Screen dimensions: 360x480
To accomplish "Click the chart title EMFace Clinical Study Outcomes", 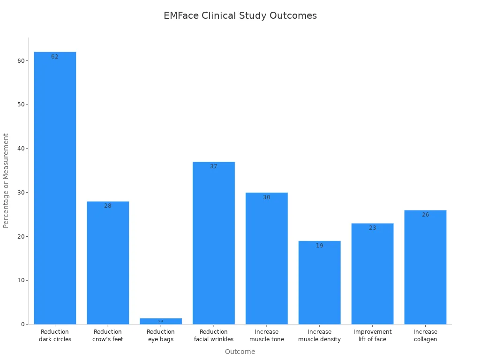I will [240, 15].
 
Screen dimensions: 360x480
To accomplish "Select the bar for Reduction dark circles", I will [55, 187].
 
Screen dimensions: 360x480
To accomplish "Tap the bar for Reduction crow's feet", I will [108, 262].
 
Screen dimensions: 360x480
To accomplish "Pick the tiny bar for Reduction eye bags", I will [161, 322].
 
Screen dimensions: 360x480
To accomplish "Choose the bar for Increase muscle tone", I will [267, 258].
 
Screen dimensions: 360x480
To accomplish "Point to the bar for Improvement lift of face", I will [373, 274].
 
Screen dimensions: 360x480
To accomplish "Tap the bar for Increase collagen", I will [425, 267].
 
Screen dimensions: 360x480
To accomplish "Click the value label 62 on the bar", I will [55, 57].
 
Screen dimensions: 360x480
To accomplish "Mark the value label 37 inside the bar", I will [214, 166].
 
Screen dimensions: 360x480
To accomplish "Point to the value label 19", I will [320, 246].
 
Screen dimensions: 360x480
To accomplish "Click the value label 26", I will [425, 215].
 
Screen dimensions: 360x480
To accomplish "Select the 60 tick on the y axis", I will [21, 60].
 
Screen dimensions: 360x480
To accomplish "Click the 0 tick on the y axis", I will [22, 324].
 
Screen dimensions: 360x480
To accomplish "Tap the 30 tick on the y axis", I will [21, 193].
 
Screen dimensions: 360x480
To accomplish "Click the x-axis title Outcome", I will [240, 352].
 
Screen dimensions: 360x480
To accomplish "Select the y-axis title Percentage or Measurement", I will [6, 180].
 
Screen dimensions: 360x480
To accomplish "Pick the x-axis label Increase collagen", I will [425, 336].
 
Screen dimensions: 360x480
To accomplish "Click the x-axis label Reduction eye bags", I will [161, 336].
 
